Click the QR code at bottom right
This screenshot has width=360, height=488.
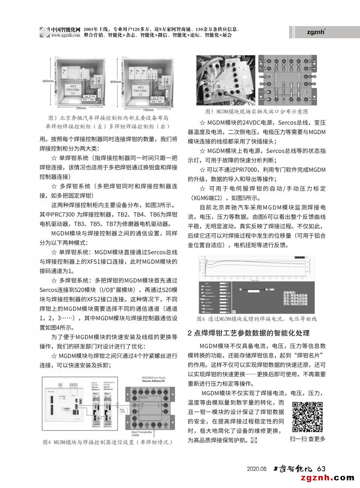pos(308,417)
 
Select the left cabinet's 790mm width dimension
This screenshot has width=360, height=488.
pos(81,108)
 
